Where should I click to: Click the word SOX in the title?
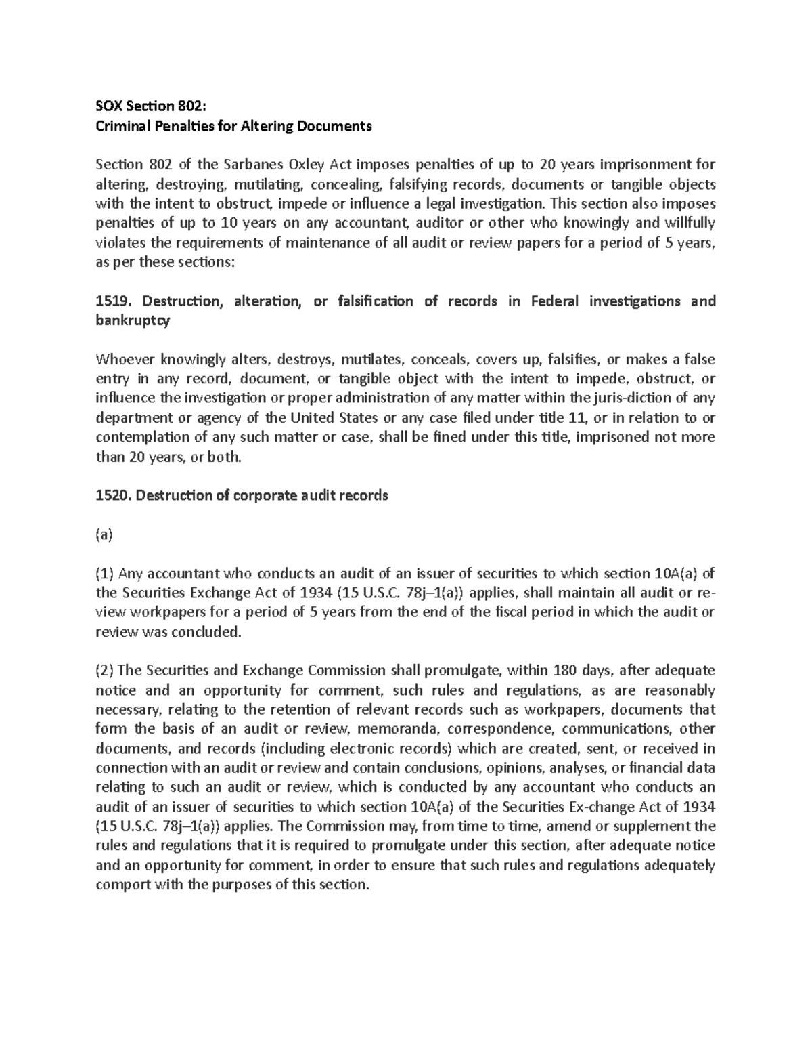click(108, 106)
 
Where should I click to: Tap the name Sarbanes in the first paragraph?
click(254, 165)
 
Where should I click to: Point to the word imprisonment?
click(650, 165)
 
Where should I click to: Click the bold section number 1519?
click(111, 301)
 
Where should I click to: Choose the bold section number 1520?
click(111, 495)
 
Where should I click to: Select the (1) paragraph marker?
click(105, 574)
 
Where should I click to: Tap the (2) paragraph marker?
click(105, 671)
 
